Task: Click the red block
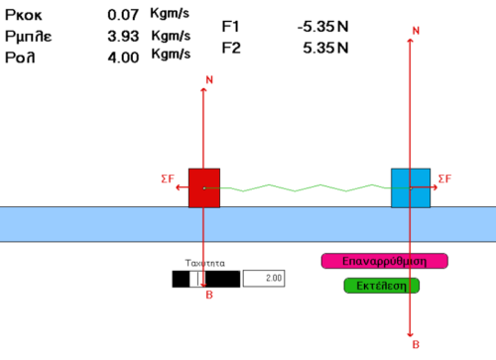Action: [x=204, y=188]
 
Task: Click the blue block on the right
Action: [x=411, y=188]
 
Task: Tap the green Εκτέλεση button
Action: [x=382, y=286]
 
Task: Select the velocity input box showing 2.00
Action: [x=264, y=279]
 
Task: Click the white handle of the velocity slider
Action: [x=197, y=279]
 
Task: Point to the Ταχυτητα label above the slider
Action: [x=205, y=263]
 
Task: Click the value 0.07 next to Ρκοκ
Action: [x=123, y=15]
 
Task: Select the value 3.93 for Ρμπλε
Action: [x=123, y=36]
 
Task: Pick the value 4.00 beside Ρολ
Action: [x=123, y=58]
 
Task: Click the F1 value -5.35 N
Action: [x=323, y=27]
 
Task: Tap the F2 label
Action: [x=231, y=48]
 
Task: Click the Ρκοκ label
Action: [x=24, y=15]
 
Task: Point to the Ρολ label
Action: [x=20, y=58]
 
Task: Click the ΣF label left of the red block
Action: [x=168, y=179]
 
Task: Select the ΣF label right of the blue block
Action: [x=444, y=179]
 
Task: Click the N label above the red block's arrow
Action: [x=209, y=79]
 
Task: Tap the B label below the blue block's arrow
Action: [x=416, y=344]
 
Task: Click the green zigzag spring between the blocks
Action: [x=308, y=188]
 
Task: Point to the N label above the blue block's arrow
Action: [x=416, y=31]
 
